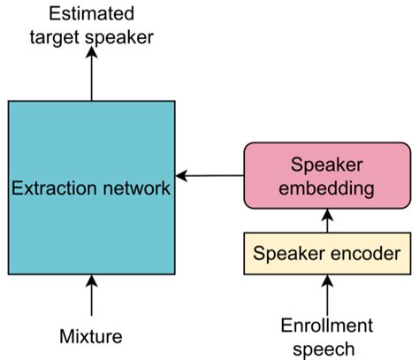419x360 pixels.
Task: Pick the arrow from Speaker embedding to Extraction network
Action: pyautogui.click(x=210, y=175)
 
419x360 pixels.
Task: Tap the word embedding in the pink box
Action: pyautogui.click(x=327, y=188)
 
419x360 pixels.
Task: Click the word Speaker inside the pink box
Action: pyautogui.click(x=327, y=165)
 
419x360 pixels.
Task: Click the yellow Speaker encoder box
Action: pyautogui.click(x=327, y=254)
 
